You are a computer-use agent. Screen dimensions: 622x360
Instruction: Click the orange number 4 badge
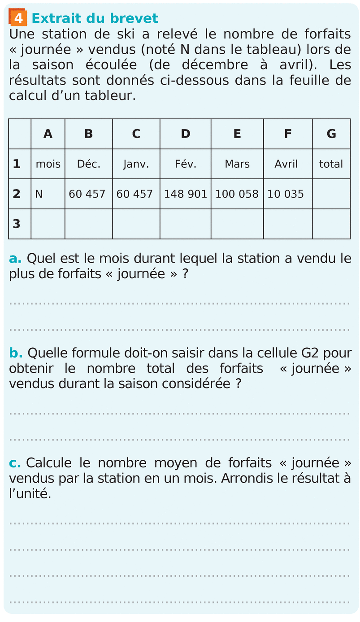(18, 18)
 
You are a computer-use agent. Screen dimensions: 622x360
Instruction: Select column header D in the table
(185, 134)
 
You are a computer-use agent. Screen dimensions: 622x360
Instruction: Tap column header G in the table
(331, 134)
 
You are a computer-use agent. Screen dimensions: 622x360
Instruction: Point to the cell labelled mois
(48, 164)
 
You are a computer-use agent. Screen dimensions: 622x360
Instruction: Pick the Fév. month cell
(185, 164)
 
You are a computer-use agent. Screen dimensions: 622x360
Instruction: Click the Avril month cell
(286, 164)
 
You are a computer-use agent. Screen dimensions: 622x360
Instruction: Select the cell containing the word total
(331, 164)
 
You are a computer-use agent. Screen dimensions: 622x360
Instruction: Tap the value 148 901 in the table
(185, 194)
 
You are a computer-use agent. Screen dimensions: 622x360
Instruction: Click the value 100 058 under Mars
(237, 194)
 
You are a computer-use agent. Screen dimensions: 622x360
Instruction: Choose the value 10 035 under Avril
(286, 194)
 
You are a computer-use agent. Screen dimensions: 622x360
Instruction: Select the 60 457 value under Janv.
(134, 194)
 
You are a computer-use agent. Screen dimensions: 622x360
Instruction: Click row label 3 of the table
(17, 224)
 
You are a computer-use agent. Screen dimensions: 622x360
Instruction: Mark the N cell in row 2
(39, 194)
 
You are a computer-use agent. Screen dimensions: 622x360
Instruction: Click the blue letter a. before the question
(15, 259)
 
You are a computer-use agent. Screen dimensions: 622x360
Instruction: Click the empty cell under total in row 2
(331, 194)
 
